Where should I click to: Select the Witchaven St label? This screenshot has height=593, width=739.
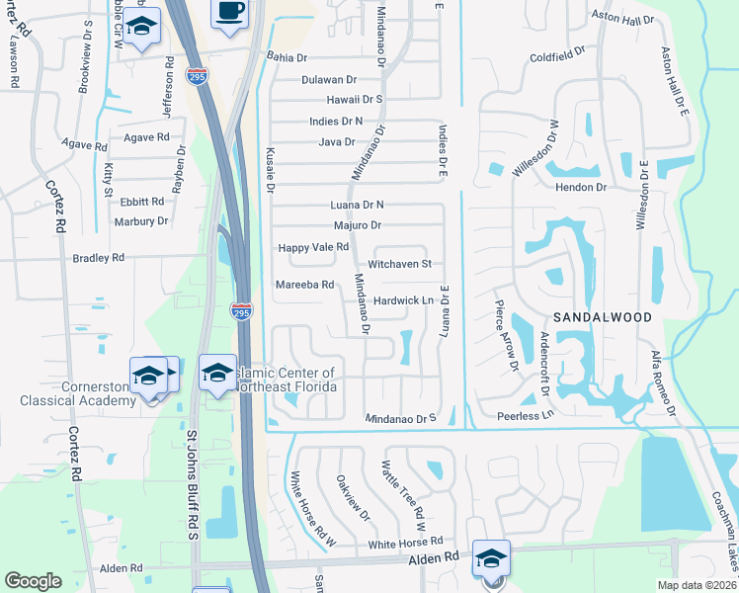click(400, 264)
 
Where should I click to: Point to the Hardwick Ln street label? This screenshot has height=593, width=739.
click(404, 300)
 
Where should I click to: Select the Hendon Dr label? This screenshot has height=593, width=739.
click(580, 186)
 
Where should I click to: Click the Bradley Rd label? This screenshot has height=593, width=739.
click(99, 258)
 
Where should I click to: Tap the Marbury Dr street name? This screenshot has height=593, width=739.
click(139, 221)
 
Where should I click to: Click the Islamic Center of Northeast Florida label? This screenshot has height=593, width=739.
click(287, 380)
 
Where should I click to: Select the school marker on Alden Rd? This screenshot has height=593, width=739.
click(491, 558)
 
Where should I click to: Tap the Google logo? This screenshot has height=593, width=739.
click(33, 581)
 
